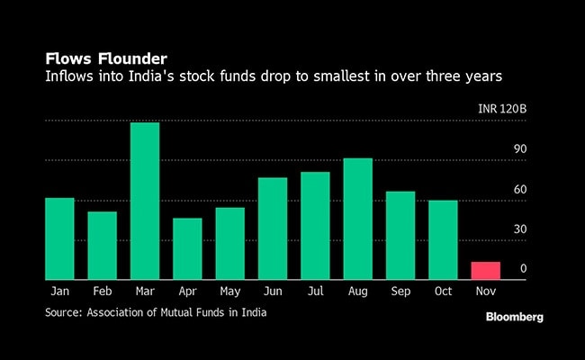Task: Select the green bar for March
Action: (145, 201)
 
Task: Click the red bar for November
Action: (486, 270)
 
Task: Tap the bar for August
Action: (358, 219)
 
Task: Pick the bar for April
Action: (187, 248)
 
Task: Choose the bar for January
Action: (59, 238)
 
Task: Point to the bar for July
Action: (316, 225)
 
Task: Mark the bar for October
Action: (443, 239)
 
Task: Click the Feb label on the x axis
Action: (102, 292)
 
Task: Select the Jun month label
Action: (273, 292)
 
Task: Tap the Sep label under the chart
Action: (400, 292)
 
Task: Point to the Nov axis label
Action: (486, 292)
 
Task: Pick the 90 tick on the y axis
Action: (519, 149)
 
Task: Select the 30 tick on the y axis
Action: (519, 229)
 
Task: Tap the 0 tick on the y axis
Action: (523, 269)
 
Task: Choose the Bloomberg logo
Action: (515, 317)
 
